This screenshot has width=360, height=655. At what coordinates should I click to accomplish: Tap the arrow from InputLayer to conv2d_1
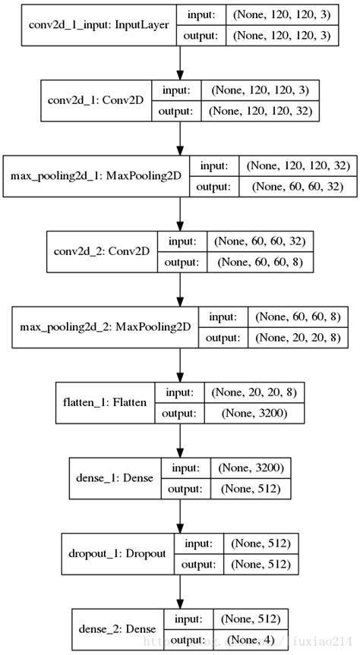coord(179,61)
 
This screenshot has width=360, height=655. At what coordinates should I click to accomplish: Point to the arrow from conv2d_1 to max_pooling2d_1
coord(179,137)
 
